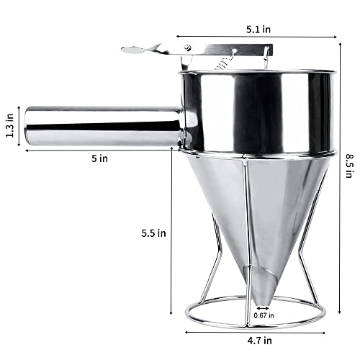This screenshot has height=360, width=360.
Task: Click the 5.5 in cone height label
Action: coord(153,232)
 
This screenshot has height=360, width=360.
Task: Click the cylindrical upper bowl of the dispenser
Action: coord(258,108)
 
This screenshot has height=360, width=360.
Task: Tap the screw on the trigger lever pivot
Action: coord(187,48)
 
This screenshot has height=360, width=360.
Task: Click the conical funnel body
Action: coord(252,209)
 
